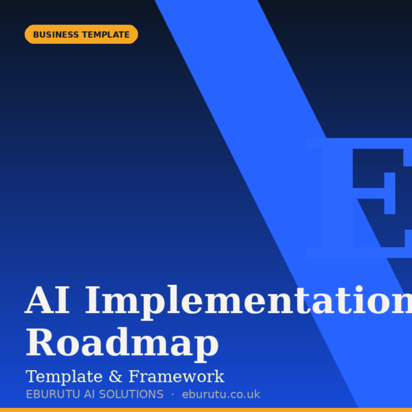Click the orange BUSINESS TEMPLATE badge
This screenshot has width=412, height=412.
point(81,34)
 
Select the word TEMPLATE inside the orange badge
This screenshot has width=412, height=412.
point(106,34)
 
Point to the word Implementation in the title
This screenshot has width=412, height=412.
point(247,301)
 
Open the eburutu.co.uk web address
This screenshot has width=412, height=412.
point(221,395)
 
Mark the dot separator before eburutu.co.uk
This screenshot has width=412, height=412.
point(172,395)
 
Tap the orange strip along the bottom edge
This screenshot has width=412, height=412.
point(206,410)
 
